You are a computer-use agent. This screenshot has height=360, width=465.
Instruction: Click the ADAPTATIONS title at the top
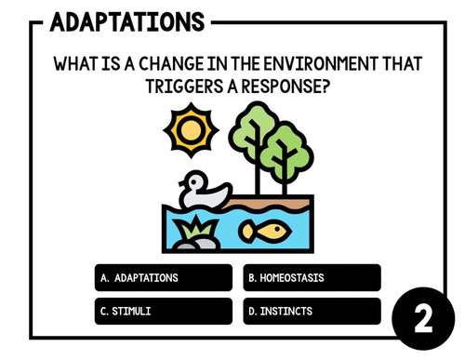tap(127, 20)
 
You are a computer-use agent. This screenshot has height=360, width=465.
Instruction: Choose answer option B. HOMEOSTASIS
tap(312, 277)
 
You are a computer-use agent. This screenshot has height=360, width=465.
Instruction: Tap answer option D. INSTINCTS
tap(312, 311)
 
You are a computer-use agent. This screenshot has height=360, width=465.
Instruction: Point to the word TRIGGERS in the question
tap(186, 87)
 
